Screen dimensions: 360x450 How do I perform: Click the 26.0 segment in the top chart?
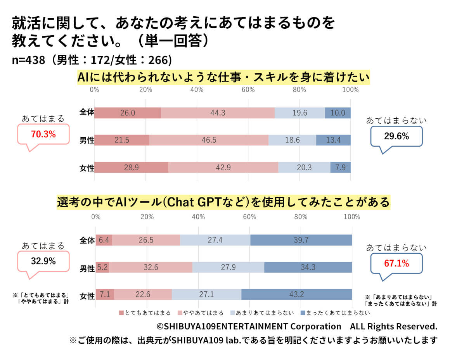128,112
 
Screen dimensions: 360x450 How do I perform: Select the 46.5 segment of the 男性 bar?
209,140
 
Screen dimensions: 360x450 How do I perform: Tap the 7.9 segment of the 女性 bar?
340,167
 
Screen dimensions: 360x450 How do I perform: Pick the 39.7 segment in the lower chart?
301,240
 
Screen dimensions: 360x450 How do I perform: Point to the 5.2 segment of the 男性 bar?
102,267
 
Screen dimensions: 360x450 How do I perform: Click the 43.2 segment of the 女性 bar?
296,294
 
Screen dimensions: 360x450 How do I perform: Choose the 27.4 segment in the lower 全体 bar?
215,240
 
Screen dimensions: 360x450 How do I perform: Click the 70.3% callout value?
43,135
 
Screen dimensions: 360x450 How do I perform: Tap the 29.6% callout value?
396,136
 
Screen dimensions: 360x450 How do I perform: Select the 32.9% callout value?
43,261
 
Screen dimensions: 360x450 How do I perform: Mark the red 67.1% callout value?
396,263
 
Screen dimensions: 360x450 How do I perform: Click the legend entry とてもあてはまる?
144,313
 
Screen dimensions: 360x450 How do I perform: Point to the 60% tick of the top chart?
248,90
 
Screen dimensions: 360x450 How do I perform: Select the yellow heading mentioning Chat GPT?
223,202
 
